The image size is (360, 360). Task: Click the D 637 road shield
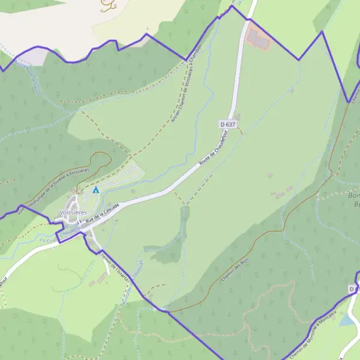[x=227, y=124]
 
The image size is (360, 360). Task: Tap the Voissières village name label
[x=74, y=213]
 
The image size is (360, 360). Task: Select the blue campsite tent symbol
[x=95, y=190]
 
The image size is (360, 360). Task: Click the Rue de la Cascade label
[x=102, y=215]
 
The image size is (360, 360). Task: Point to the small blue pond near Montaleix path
[x=346, y=320]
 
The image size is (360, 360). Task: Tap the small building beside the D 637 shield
[x=237, y=117]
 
